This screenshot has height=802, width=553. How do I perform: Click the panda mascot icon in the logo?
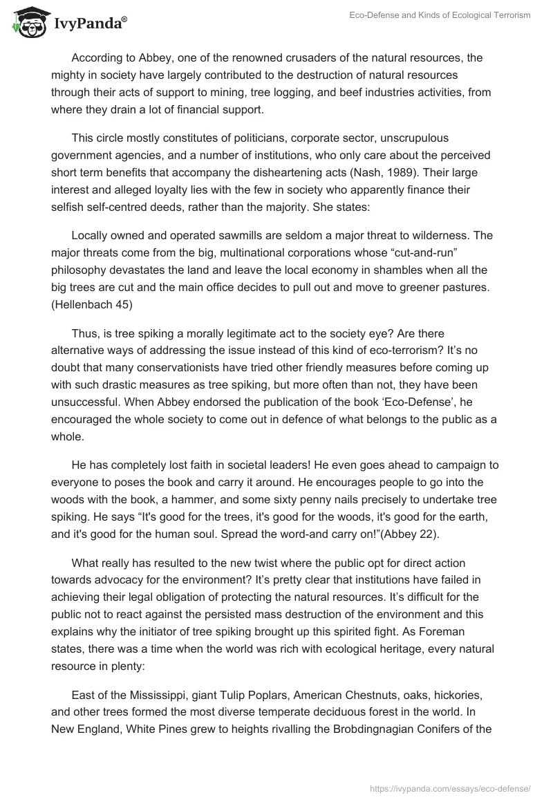pyautogui.click(x=26, y=23)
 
